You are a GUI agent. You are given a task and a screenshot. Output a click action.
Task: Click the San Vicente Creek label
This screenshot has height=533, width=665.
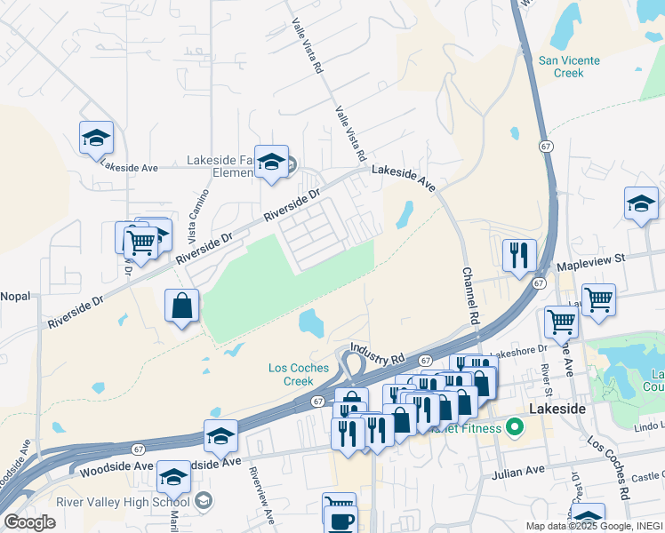[x=569, y=67]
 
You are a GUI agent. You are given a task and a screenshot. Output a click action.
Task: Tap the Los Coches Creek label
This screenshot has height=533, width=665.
[x=292, y=374]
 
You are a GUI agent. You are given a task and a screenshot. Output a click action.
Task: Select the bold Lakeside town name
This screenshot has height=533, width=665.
[x=557, y=408]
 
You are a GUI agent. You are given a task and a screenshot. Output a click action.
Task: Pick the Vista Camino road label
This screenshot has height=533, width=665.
[x=199, y=217]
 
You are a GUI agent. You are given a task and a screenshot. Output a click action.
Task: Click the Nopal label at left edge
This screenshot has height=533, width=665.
[x=15, y=295]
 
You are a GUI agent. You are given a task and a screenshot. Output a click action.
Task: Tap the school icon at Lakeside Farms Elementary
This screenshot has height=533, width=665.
[x=272, y=163]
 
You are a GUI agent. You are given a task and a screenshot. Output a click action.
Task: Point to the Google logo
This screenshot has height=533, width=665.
[x=29, y=522]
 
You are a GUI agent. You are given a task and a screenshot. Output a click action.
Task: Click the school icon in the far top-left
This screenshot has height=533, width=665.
[x=96, y=138]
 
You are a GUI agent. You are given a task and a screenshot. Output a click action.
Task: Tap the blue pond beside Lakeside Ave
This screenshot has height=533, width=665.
[x=405, y=214]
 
